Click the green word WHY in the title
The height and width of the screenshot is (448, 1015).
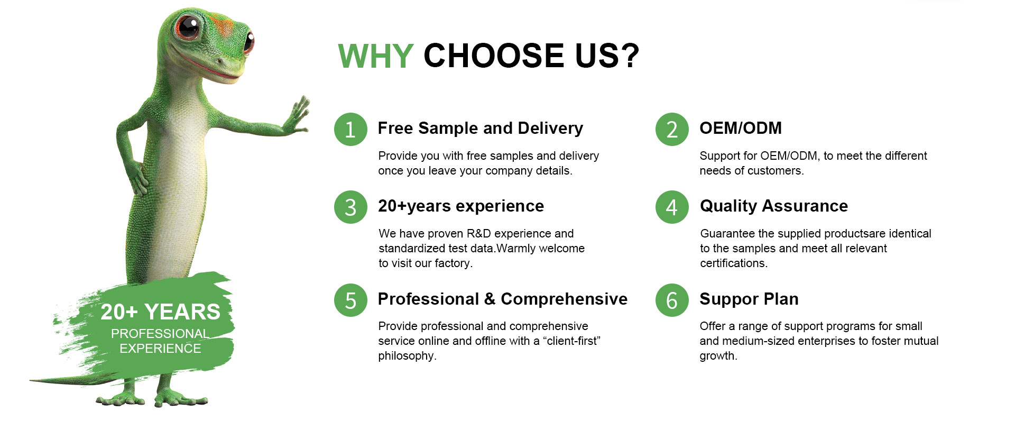click(x=375, y=56)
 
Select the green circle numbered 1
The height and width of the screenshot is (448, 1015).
click(x=350, y=129)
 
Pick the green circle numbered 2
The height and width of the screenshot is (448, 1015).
click(x=672, y=129)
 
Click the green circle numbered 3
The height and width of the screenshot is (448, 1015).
click(x=350, y=207)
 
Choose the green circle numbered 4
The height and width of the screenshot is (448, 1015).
click(x=672, y=207)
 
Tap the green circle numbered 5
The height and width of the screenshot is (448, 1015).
click(x=350, y=300)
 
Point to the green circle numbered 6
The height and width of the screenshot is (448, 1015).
click(x=672, y=300)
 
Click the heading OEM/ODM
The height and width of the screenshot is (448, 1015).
click(x=741, y=128)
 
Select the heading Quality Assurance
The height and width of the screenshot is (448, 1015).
click(x=774, y=206)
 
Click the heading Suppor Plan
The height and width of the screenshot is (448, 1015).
click(x=749, y=299)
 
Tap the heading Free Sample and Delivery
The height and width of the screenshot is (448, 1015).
click(x=481, y=128)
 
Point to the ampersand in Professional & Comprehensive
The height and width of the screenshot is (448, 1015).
click(x=490, y=299)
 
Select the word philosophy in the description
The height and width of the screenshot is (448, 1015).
click(x=406, y=356)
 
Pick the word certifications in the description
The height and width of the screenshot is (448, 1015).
click(x=733, y=263)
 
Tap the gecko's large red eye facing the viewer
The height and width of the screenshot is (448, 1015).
click(x=188, y=27)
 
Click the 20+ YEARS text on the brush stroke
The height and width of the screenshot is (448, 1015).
click(x=160, y=312)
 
